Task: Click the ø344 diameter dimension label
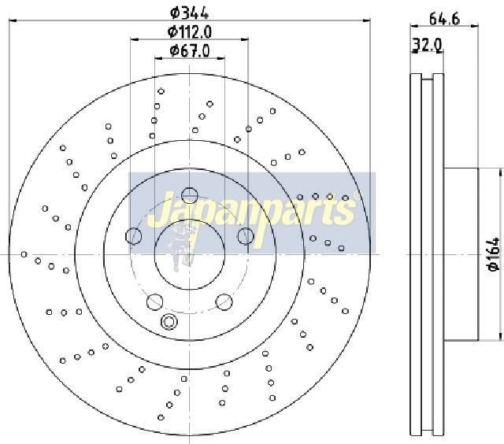189,13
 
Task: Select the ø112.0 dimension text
190,31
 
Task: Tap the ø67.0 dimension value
190,50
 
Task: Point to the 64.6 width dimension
444,19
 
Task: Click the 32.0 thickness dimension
428,45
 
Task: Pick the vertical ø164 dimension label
494,254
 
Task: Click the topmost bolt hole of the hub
189,195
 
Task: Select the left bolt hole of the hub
133,236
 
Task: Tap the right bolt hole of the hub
246,235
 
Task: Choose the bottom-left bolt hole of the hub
154,302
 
